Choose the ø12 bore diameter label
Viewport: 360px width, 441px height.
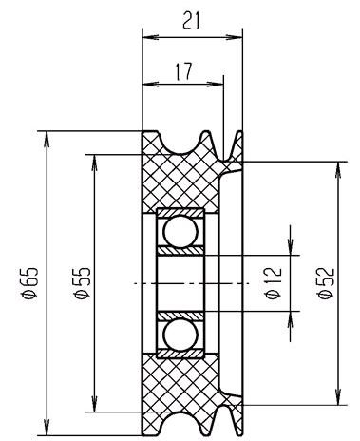(x=275, y=283)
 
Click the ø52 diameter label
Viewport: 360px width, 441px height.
(x=325, y=283)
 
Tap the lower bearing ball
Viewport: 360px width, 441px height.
(x=177, y=336)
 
